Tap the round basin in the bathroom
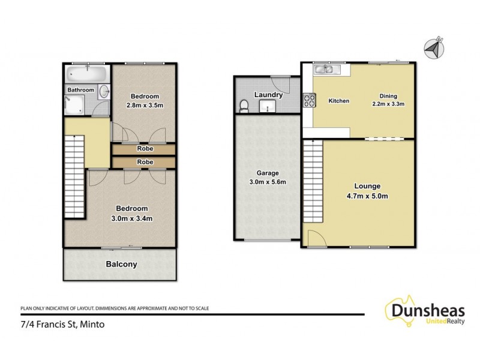coord(104,92)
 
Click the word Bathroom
coord(80,90)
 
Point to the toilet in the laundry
coord(244,106)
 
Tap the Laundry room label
coord(268,95)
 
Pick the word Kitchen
coord(338,101)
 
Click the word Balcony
coord(121,264)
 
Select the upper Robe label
coord(145,149)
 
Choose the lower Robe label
coord(145,162)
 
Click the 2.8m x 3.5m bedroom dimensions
coord(145,106)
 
